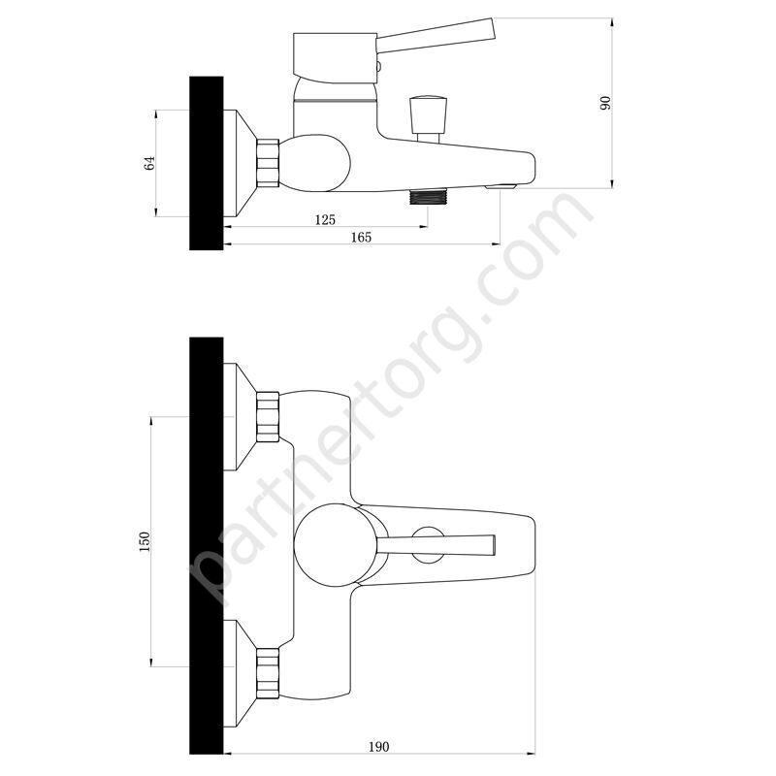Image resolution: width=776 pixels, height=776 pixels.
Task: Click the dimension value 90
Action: pyautogui.click(x=605, y=103)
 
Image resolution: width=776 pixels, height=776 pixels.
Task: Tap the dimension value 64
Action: pyautogui.click(x=149, y=163)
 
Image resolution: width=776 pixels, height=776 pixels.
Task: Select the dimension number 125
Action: pyautogui.click(x=325, y=219)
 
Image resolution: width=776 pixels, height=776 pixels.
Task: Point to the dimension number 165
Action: pyautogui.click(x=361, y=237)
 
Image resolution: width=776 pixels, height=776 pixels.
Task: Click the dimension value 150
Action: pyautogui.click(x=144, y=541)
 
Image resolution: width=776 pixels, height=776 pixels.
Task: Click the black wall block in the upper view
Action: pyautogui.click(x=207, y=163)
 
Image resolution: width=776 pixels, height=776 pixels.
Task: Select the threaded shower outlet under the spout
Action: pyautogui.click(x=429, y=197)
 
